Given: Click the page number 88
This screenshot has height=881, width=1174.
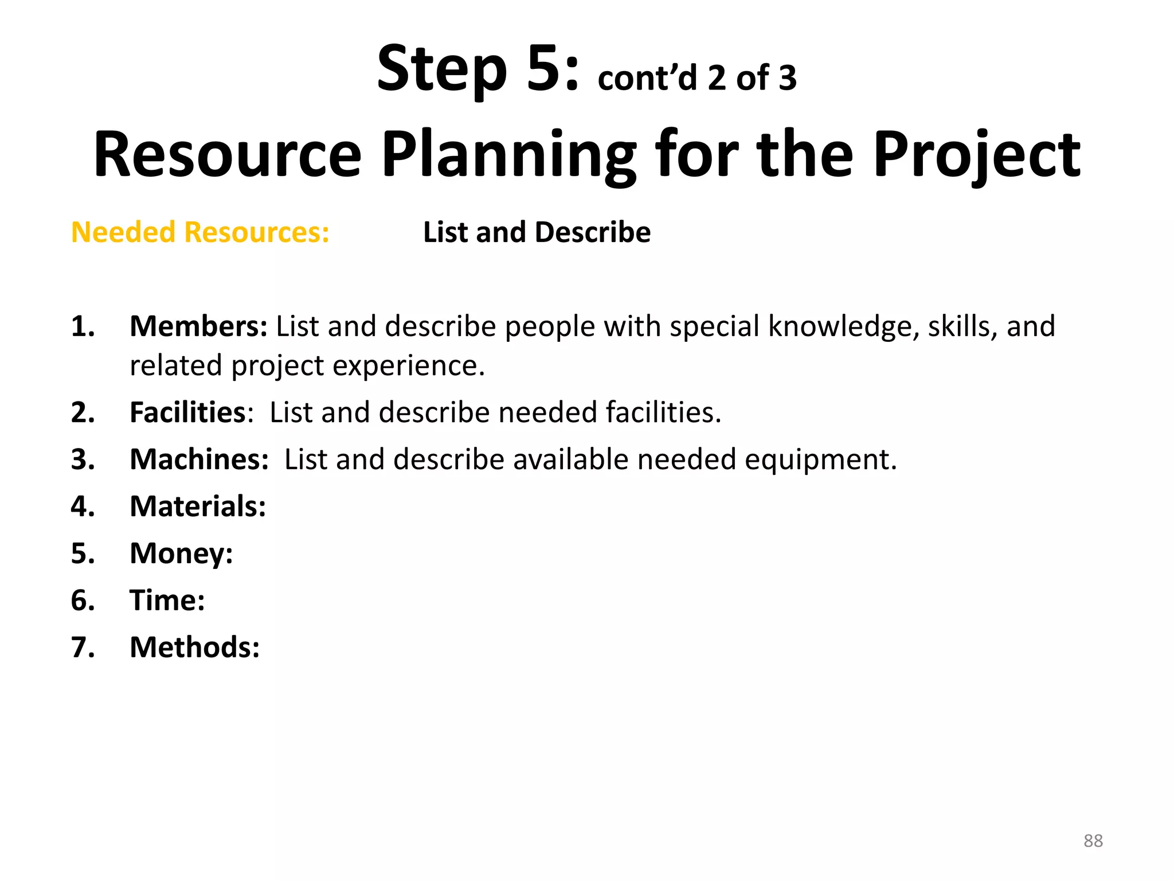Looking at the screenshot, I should (1093, 841).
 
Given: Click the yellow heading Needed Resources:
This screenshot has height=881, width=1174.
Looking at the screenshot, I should (200, 232).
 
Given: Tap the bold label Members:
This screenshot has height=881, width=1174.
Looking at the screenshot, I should (198, 326).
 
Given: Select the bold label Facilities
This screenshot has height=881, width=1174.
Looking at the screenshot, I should (187, 412).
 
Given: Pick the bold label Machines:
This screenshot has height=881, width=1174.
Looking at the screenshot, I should (199, 459).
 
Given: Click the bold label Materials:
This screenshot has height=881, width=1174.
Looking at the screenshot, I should (198, 506).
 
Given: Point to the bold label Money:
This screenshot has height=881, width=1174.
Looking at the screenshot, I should (181, 553).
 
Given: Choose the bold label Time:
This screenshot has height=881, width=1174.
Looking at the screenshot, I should (167, 601).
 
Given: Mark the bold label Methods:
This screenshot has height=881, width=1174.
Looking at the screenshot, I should (194, 648).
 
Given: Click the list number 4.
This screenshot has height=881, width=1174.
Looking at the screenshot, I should (83, 506).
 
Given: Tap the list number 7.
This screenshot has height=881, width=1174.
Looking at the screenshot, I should (83, 648).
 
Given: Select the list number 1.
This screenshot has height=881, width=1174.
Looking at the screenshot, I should (83, 326).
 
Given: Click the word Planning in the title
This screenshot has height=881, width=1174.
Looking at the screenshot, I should (508, 155).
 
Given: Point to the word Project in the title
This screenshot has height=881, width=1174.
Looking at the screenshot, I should (976, 155).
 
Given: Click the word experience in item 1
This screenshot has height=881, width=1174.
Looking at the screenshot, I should (408, 366).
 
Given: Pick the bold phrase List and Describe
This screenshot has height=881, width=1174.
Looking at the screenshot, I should (537, 232).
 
